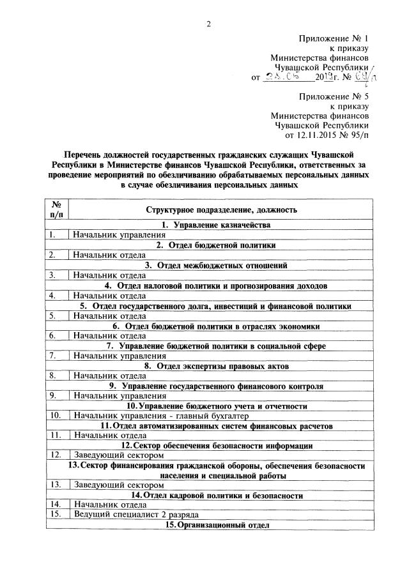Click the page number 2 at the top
click(x=208, y=25)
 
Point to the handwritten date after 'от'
click(x=286, y=77)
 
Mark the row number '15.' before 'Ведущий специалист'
click(x=56, y=514)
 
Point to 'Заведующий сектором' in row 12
click(x=114, y=455)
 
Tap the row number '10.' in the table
click(x=56, y=416)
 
